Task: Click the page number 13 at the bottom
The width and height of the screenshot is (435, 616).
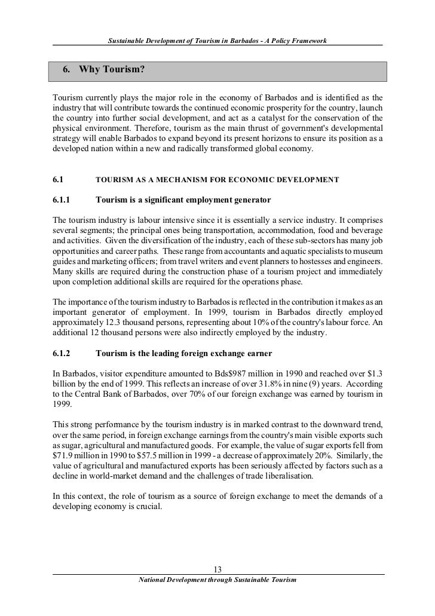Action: point(217,568)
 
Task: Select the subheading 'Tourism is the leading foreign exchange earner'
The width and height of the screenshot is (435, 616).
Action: point(183,353)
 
